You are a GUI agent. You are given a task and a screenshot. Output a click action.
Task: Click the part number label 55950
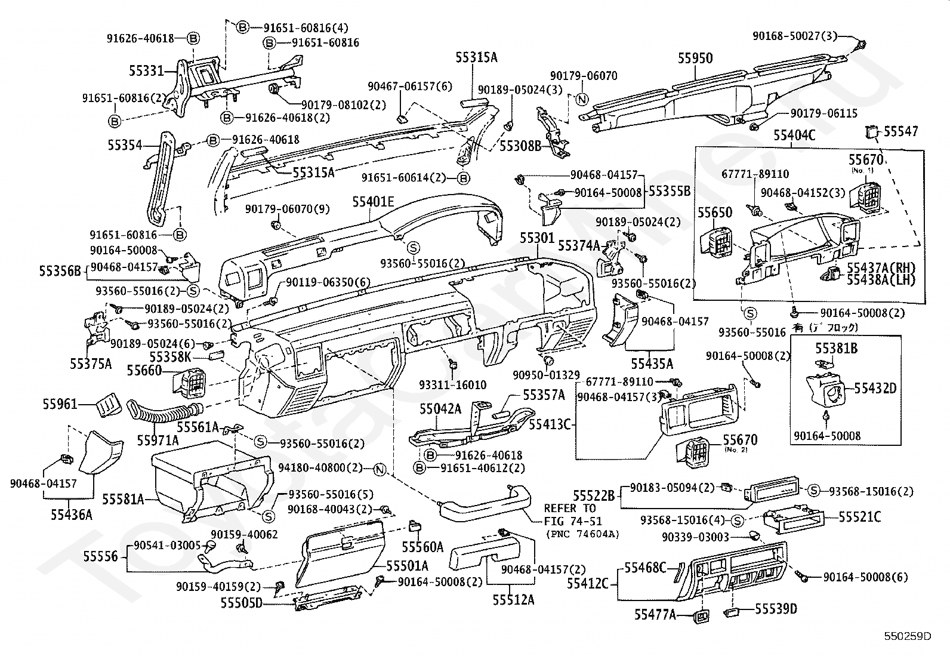click(x=695, y=58)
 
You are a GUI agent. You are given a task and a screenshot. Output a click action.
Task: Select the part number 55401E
click(x=373, y=202)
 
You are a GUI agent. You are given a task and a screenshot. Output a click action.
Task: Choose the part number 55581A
click(x=123, y=498)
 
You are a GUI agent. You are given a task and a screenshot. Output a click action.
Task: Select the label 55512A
click(x=513, y=599)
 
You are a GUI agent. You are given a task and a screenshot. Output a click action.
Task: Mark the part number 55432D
click(x=875, y=389)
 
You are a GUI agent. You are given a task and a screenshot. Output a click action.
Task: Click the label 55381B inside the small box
click(x=836, y=348)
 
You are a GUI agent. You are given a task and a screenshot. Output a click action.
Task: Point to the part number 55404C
click(x=794, y=135)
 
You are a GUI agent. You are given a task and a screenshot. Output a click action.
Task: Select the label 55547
click(x=901, y=131)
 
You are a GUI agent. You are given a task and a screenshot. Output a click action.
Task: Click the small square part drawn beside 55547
click(x=872, y=131)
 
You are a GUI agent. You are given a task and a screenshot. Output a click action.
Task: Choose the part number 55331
click(x=146, y=71)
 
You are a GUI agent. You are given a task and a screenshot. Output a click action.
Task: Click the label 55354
click(x=125, y=145)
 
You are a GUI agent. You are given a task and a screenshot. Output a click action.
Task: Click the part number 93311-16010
click(x=452, y=385)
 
